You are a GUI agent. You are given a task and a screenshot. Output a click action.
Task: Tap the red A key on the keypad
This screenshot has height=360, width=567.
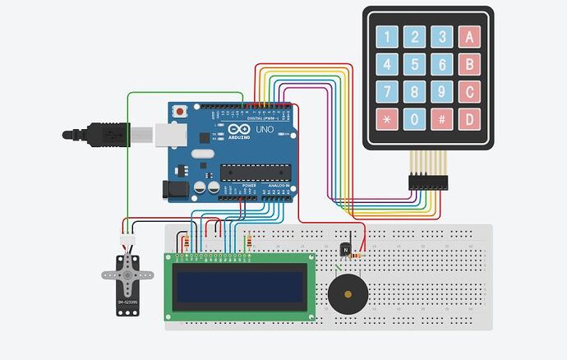pyautogui.click(x=469, y=36)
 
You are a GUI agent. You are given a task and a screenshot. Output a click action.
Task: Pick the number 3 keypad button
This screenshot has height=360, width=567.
pyautogui.click(x=442, y=36)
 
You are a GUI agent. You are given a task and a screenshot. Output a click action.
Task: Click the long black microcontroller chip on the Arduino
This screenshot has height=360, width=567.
pyautogui.click(x=255, y=171)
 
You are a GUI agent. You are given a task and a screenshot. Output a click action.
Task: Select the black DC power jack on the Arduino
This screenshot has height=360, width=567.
pyautogui.click(x=177, y=189)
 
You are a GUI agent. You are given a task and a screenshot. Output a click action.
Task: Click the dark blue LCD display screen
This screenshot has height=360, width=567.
pyautogui.click(x=241, y=286)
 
